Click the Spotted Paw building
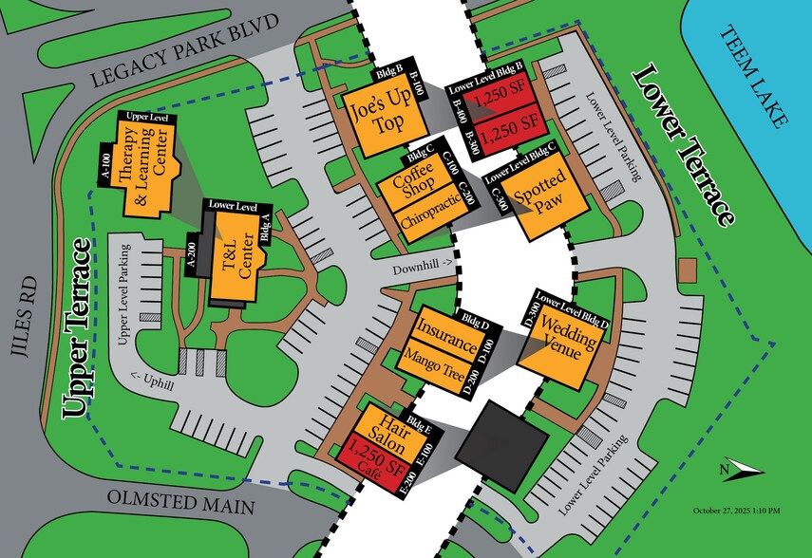point(540,195)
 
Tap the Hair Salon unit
point(384,431)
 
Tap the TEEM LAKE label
point(754,77)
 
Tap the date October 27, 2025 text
point(735,512)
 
